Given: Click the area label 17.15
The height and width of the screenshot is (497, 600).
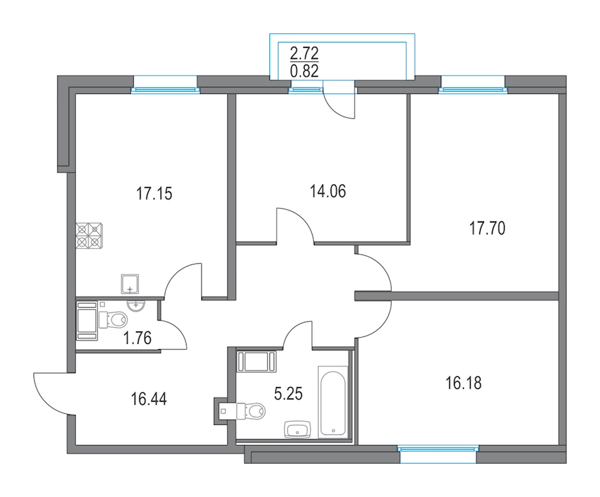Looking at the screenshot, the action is coord(154,194).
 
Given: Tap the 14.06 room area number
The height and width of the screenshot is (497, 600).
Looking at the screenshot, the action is coord(327,191).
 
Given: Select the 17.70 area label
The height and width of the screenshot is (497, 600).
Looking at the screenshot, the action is coord(487,229).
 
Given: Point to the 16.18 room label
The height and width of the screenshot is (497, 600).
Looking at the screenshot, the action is coord(463,382).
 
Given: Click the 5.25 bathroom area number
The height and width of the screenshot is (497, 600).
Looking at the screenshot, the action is coord(289,393).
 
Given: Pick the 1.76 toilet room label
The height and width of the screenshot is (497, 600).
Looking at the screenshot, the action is coord(137,338).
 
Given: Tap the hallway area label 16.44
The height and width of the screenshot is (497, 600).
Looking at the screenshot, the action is coord(149,400).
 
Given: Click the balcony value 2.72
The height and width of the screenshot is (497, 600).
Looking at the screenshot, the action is coord(304,53).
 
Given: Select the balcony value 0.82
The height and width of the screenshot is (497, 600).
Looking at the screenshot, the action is coord(304,71).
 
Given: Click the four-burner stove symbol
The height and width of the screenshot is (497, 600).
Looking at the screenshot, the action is coord(89,235).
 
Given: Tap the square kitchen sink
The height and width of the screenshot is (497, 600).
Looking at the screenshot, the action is coord(130,284).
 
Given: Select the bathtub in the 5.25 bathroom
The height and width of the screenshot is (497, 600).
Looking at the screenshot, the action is coord(333,402).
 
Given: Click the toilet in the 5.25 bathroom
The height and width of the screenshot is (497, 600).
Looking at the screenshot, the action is coord(251,411).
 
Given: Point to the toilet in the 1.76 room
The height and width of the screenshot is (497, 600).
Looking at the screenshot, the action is coord(113,319).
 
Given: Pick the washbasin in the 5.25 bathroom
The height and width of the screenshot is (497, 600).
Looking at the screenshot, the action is coord(298,430).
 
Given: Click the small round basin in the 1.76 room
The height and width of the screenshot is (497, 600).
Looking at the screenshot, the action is coord(136,306).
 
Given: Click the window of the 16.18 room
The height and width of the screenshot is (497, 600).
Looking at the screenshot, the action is coord(438,448).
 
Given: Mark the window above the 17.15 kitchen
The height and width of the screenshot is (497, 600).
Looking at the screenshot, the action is coord(165,90).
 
